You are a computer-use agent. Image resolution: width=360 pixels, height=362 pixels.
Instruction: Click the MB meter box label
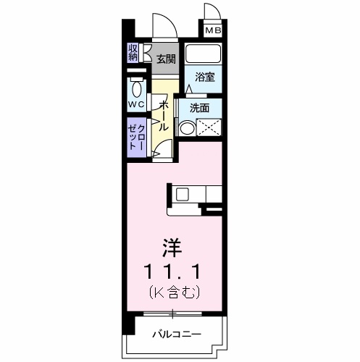click(213, 30)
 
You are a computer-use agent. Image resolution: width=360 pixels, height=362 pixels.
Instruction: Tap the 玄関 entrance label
click(166, 59)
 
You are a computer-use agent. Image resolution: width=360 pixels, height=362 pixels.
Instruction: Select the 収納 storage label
click(134, 53)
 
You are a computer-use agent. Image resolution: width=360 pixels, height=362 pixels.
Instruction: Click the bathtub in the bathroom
click(203, 55)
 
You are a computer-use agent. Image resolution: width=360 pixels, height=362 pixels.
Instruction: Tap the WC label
click(137, 104)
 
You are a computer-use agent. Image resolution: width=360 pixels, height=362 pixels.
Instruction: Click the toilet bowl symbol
click(137, 88)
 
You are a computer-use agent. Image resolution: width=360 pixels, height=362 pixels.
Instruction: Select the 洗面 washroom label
click(199, 107)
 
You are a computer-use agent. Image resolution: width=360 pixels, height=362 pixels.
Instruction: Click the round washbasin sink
click(187, 129)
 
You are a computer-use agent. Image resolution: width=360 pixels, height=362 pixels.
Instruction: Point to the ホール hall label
click(164, 114)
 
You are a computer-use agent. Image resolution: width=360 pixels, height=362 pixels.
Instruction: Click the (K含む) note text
click(172, 292)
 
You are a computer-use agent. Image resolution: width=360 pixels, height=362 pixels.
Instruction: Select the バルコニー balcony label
click(176, 334)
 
